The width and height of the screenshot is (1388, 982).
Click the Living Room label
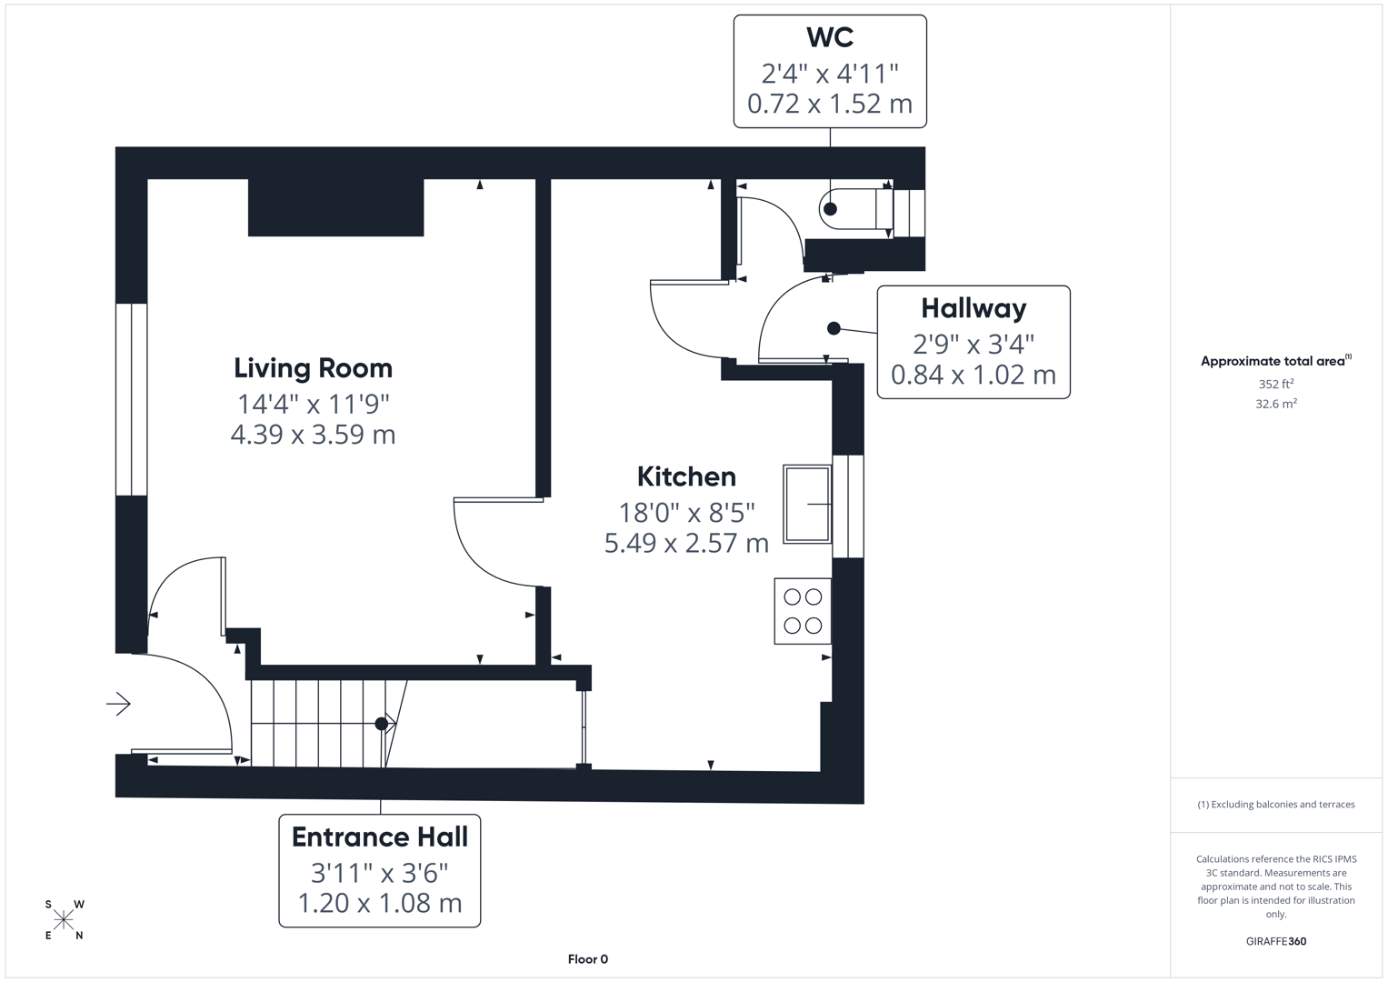pos(313,368)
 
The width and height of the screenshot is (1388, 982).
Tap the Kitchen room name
pos(686,476)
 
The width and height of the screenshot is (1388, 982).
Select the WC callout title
pos(829,38)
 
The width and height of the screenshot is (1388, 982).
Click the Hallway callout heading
pos(973,309)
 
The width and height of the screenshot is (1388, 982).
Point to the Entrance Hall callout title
pos(379,837)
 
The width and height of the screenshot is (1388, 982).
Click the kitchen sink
pos(807,504)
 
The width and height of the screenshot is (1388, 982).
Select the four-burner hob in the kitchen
pos(803,611)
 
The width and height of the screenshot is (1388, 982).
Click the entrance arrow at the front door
pos(118,704)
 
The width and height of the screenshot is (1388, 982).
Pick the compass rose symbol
pos(64,920)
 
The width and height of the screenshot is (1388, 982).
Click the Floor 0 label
pos(587,959)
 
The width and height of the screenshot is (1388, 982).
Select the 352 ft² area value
pos(1275,385)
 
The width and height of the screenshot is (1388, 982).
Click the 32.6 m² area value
pos(1275,404)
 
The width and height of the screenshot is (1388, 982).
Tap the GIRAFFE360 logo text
pos(1275,941)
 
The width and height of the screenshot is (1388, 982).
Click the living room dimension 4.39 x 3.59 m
pos(313,435)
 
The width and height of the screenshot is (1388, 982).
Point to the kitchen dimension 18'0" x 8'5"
pos(686,513)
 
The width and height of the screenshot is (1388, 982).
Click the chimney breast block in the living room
pos(335,207)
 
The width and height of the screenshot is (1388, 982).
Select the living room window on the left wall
pos(132,399)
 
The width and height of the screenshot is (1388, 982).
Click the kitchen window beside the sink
pos(848,506)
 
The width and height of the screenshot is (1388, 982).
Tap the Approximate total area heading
pos(1274,362)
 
